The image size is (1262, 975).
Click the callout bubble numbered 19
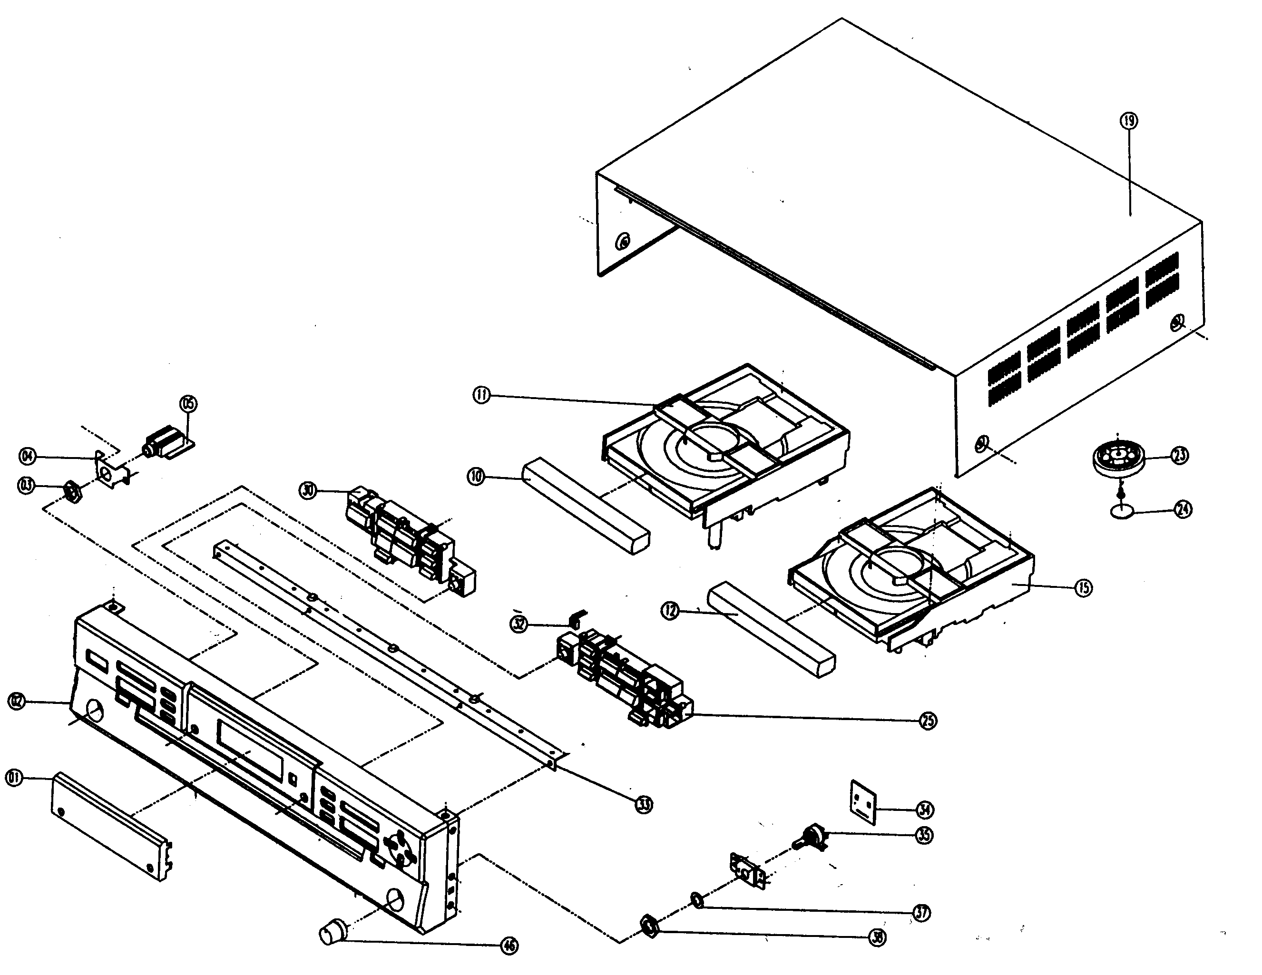click(x=1128, y=121)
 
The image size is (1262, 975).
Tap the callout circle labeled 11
click(x=481, y=396)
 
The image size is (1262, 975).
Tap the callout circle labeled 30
click(x=308, y=491)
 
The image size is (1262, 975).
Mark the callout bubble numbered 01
click(x=14, y=778)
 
